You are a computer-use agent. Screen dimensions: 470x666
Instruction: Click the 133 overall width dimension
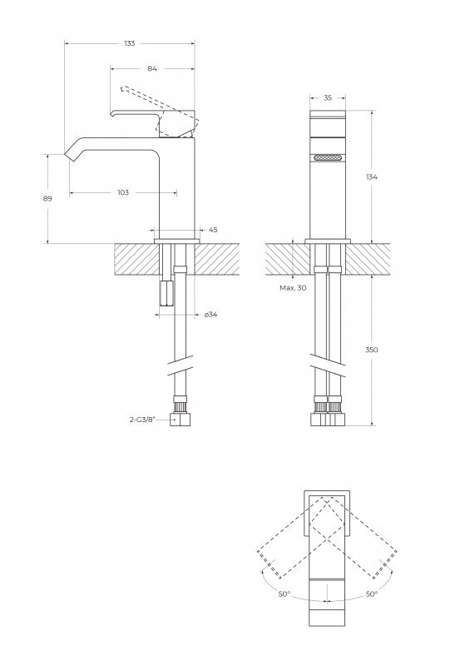(130, 43)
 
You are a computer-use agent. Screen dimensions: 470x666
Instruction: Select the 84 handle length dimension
(152, 68)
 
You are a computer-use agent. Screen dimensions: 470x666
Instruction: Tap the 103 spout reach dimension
(123, 192)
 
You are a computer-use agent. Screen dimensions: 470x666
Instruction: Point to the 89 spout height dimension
(47, 198)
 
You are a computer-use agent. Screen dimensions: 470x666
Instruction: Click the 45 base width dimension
(213, 230)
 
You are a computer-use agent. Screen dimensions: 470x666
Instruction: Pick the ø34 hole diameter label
(211, 315)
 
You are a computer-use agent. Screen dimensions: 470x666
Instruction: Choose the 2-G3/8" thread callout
(142, 420)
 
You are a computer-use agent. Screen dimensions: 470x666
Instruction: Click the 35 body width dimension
(328, 97)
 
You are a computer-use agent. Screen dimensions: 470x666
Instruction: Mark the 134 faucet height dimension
(372, 176)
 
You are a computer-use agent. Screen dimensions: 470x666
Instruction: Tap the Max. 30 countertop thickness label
(293, 287)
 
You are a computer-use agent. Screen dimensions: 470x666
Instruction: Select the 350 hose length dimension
(372, 350)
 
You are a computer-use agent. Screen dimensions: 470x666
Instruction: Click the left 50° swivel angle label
(284, 594)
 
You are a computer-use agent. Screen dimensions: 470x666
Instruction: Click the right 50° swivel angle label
(372, 594)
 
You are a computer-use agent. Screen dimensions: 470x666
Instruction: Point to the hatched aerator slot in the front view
(328, 158)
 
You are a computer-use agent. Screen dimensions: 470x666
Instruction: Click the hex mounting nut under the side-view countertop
(166, 293)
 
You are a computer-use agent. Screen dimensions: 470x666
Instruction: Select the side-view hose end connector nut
(180, 420)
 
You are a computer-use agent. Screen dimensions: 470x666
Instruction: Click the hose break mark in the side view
(180, 365)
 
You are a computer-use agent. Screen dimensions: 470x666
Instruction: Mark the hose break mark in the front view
(328, 365)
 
